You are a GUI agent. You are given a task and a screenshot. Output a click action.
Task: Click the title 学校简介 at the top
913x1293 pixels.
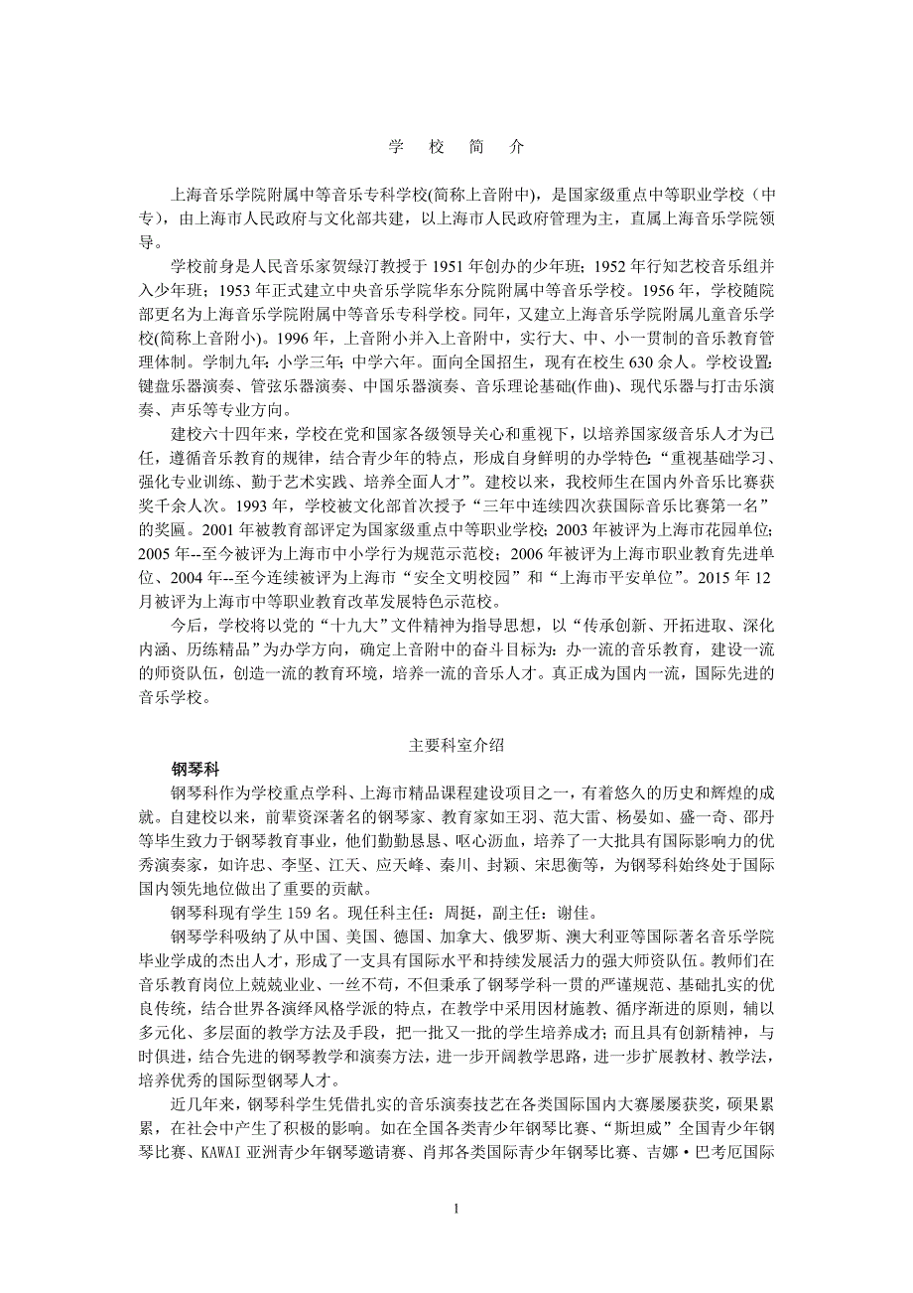[x=456, y=146]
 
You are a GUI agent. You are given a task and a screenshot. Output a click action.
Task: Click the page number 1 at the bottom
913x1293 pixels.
[x=456, y=1209]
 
